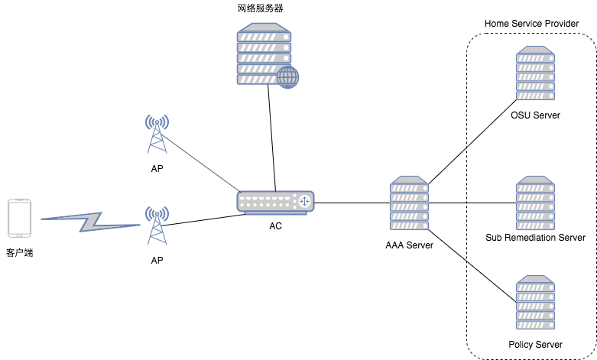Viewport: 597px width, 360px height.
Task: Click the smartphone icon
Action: click(19, 218)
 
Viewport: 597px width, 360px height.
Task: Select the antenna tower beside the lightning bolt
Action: click(157, 225)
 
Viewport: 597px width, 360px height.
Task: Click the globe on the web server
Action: click(287, 76)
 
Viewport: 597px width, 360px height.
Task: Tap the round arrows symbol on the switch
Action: click(303, 201)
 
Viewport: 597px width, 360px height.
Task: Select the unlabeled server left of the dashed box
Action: click(410, 204)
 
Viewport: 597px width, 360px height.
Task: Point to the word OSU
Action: click(521, 116)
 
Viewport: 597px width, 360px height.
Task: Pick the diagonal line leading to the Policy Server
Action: click(491, 282)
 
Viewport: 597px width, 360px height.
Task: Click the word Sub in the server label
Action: click(494, 238)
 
